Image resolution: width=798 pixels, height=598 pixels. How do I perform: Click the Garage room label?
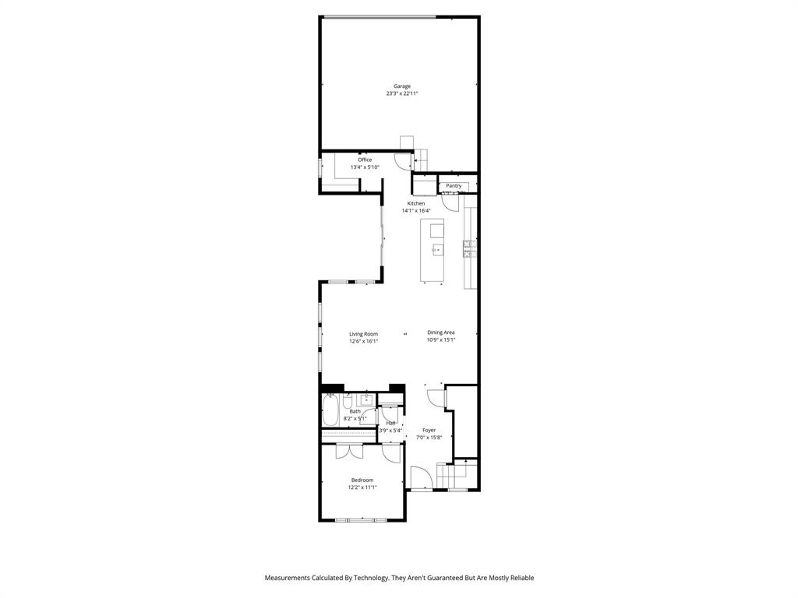[x=401, y=86]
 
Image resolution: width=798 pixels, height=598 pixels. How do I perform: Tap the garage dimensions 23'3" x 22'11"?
[x=401, y=93]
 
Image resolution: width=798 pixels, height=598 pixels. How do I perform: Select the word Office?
[x=365, y=160]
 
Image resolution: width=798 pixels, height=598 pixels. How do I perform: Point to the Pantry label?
[x=454, y=186]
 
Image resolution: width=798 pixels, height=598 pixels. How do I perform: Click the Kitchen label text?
[x=415, y=203]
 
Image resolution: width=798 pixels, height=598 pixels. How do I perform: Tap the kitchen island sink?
[x=436, y=250]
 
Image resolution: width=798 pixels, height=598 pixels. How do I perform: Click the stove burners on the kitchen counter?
[x=470, y=248]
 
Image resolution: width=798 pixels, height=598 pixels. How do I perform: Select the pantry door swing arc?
[x=449, y=202]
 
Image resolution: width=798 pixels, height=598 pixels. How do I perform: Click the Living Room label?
[x=363, y=334]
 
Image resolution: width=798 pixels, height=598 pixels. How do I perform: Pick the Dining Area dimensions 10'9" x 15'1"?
[x=440, y=339]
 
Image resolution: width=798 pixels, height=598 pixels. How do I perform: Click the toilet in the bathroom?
[x=348, y=401]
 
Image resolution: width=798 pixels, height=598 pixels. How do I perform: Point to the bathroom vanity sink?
[x=366, y=401]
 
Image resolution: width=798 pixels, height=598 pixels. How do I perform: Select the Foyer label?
[x=429, y=430]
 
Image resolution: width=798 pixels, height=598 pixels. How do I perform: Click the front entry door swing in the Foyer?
[x=421, y=476]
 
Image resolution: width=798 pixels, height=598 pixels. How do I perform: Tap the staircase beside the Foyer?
[x=456, y=473]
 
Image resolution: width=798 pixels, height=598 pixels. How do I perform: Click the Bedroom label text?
[x=362, y=480]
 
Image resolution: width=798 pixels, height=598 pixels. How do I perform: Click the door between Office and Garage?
[x=403, y=161]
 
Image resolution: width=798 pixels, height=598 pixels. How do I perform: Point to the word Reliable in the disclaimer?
[x=520, y=578]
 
